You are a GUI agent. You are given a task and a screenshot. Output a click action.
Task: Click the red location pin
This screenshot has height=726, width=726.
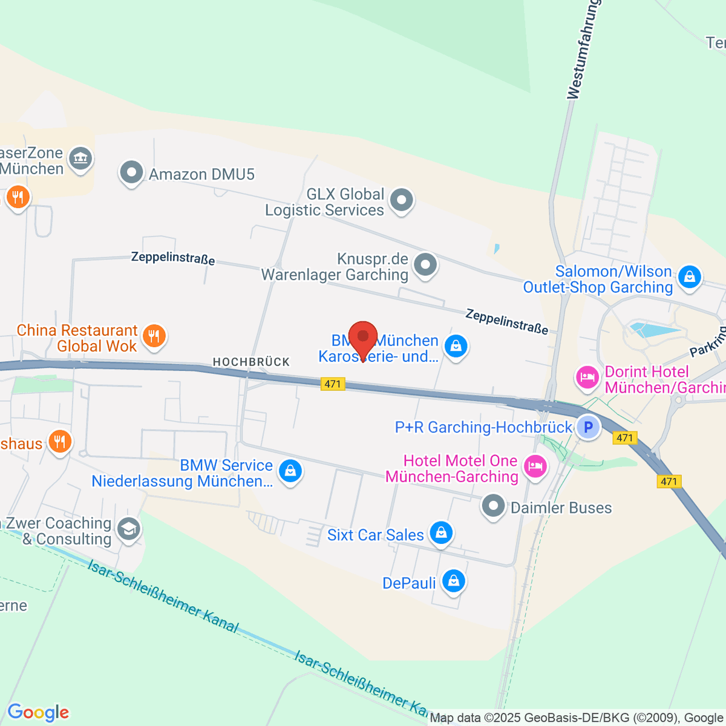(363, 338)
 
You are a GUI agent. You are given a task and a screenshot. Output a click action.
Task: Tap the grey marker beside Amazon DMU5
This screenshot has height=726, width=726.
(131, 173)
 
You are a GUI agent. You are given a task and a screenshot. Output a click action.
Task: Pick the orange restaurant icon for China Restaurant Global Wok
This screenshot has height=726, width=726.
(154, 336)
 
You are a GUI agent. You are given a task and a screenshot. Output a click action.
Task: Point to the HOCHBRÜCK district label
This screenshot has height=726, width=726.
(251, 362)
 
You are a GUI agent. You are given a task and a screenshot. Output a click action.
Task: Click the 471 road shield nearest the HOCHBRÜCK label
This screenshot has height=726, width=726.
(333, 384)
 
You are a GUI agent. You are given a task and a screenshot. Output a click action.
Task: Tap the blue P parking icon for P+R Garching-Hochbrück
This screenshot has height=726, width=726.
(587, 427)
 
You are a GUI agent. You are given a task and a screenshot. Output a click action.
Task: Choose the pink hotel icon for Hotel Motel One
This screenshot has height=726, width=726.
(535, 466)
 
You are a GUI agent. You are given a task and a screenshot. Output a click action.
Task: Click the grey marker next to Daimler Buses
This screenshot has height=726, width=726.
(493, 506)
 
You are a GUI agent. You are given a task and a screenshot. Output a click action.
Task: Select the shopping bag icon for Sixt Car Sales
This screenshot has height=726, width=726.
(441, 533)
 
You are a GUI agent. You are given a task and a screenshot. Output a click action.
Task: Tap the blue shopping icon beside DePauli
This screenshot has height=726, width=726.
(453, 581)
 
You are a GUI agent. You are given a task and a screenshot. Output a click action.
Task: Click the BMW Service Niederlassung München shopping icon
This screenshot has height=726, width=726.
(290, 471)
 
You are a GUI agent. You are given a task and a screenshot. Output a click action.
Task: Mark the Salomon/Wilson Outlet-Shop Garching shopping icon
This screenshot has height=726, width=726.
(689, 278)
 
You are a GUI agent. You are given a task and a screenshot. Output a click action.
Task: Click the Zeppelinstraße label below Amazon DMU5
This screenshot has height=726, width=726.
(173, 258)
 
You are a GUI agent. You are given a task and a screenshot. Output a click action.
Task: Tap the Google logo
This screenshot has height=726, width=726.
(38, 713)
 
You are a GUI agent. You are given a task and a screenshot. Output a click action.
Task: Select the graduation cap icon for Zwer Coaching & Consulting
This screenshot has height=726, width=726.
(129, 529)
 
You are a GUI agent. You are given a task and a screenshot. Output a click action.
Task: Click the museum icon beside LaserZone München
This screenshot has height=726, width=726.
(80, 159)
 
